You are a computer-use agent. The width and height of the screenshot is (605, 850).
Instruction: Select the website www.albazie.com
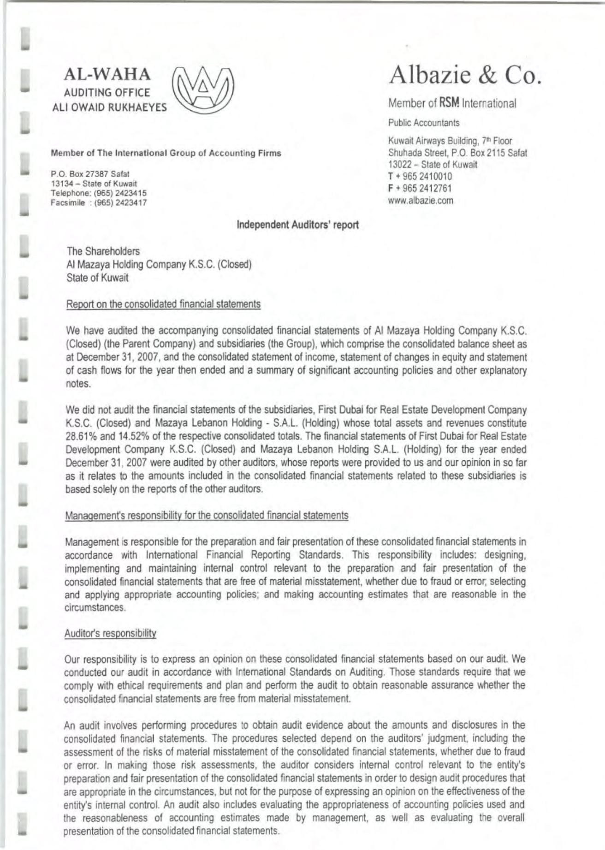[x=421, y=201]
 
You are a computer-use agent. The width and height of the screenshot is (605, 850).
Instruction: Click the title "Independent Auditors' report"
[x=297, y=225]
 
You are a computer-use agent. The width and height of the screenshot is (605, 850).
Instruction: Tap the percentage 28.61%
[x=81, y=436]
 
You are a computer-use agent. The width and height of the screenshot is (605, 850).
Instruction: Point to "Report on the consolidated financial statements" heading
[x=163, y=304]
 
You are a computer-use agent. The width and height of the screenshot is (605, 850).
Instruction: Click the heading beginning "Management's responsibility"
[x=206, y=515]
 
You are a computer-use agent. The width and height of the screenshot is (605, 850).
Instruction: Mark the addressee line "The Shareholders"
[x=103, y=251]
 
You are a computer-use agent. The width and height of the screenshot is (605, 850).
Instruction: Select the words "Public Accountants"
[x=424, y=123]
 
